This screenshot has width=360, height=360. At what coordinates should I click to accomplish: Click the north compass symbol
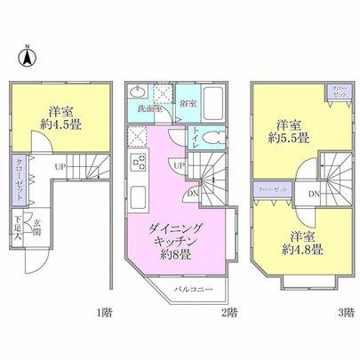point(27,58)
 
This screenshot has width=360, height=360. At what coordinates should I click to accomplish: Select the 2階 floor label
point(229,312)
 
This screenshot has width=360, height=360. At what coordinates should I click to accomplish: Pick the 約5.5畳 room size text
point(291,138)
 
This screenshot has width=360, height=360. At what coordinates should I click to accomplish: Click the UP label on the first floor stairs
point(60,166)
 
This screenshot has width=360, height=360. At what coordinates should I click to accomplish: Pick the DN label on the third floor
point(314,194)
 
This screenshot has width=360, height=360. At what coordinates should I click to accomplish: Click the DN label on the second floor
point(194,193)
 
